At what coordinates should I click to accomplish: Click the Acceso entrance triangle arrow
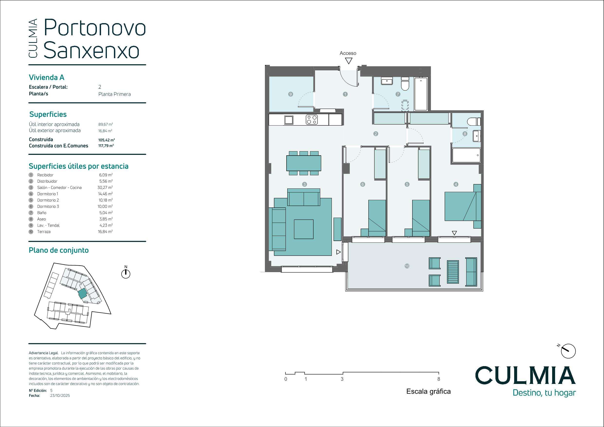pos(349,61)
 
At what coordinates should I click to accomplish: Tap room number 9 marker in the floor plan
pos(290,94)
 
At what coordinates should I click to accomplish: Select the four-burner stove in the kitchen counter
pos(312,120)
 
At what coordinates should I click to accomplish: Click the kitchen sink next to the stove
pos(288,120)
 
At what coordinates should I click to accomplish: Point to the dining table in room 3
pos(304,163)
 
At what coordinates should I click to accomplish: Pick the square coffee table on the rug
pos(304,229)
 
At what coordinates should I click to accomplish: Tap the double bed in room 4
pos(463,206)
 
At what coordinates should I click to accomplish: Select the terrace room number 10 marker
pos(407,266)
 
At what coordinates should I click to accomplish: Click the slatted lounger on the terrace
pos(453,272)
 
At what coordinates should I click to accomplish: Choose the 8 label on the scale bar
pos(438,379)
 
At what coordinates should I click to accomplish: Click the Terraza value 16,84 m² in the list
pos(105,232)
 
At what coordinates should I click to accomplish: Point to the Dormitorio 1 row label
pos(48,194)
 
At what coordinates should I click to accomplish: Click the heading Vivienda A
pos(46,77)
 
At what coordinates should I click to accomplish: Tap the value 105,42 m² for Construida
pos(107,140)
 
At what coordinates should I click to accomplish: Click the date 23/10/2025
pos(60,395)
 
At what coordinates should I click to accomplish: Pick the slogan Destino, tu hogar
pos(544,393)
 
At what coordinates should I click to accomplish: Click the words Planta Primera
pos(114,94)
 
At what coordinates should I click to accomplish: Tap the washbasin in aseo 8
pos(477,136)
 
